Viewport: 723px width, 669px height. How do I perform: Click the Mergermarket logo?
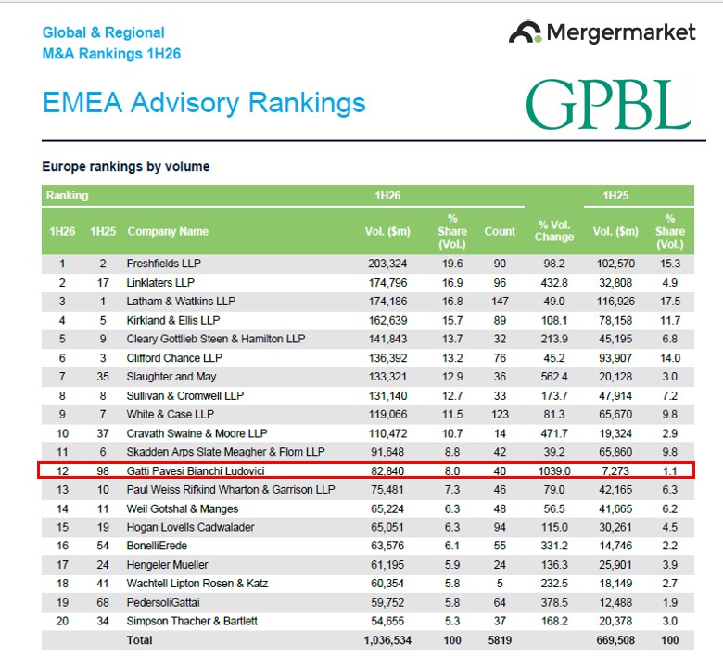point(602,32)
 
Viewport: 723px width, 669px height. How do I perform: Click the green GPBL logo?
point(609,104)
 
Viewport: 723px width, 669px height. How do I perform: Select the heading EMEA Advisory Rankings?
point(204,102)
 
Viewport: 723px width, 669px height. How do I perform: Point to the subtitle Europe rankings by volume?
point(126,166)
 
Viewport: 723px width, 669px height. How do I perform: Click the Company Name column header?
point(168,231)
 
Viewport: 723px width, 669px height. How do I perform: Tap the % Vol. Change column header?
point(554,231)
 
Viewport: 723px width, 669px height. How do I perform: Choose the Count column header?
point(500,231)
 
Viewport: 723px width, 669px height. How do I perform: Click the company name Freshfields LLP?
point(164,264)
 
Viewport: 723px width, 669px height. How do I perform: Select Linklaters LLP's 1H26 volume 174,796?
point(387,283)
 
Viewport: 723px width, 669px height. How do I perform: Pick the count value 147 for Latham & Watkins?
point(500,302)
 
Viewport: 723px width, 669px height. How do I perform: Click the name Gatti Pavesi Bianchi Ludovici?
point(196,471)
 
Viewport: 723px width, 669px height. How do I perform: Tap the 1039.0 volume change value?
point(554,471)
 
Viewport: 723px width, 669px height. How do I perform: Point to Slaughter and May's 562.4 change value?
point(554,377)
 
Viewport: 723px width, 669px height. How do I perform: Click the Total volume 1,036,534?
point(387,640)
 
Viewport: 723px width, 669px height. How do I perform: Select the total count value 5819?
point(500,640)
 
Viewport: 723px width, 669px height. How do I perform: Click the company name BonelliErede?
point(157,546)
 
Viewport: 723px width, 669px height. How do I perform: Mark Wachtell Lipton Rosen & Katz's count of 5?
point(500,584)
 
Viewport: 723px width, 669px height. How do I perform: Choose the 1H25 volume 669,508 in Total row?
point(615,640)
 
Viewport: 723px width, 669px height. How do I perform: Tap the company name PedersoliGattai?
point(163,602)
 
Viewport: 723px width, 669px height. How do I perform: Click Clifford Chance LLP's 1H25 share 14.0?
point(670,358)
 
